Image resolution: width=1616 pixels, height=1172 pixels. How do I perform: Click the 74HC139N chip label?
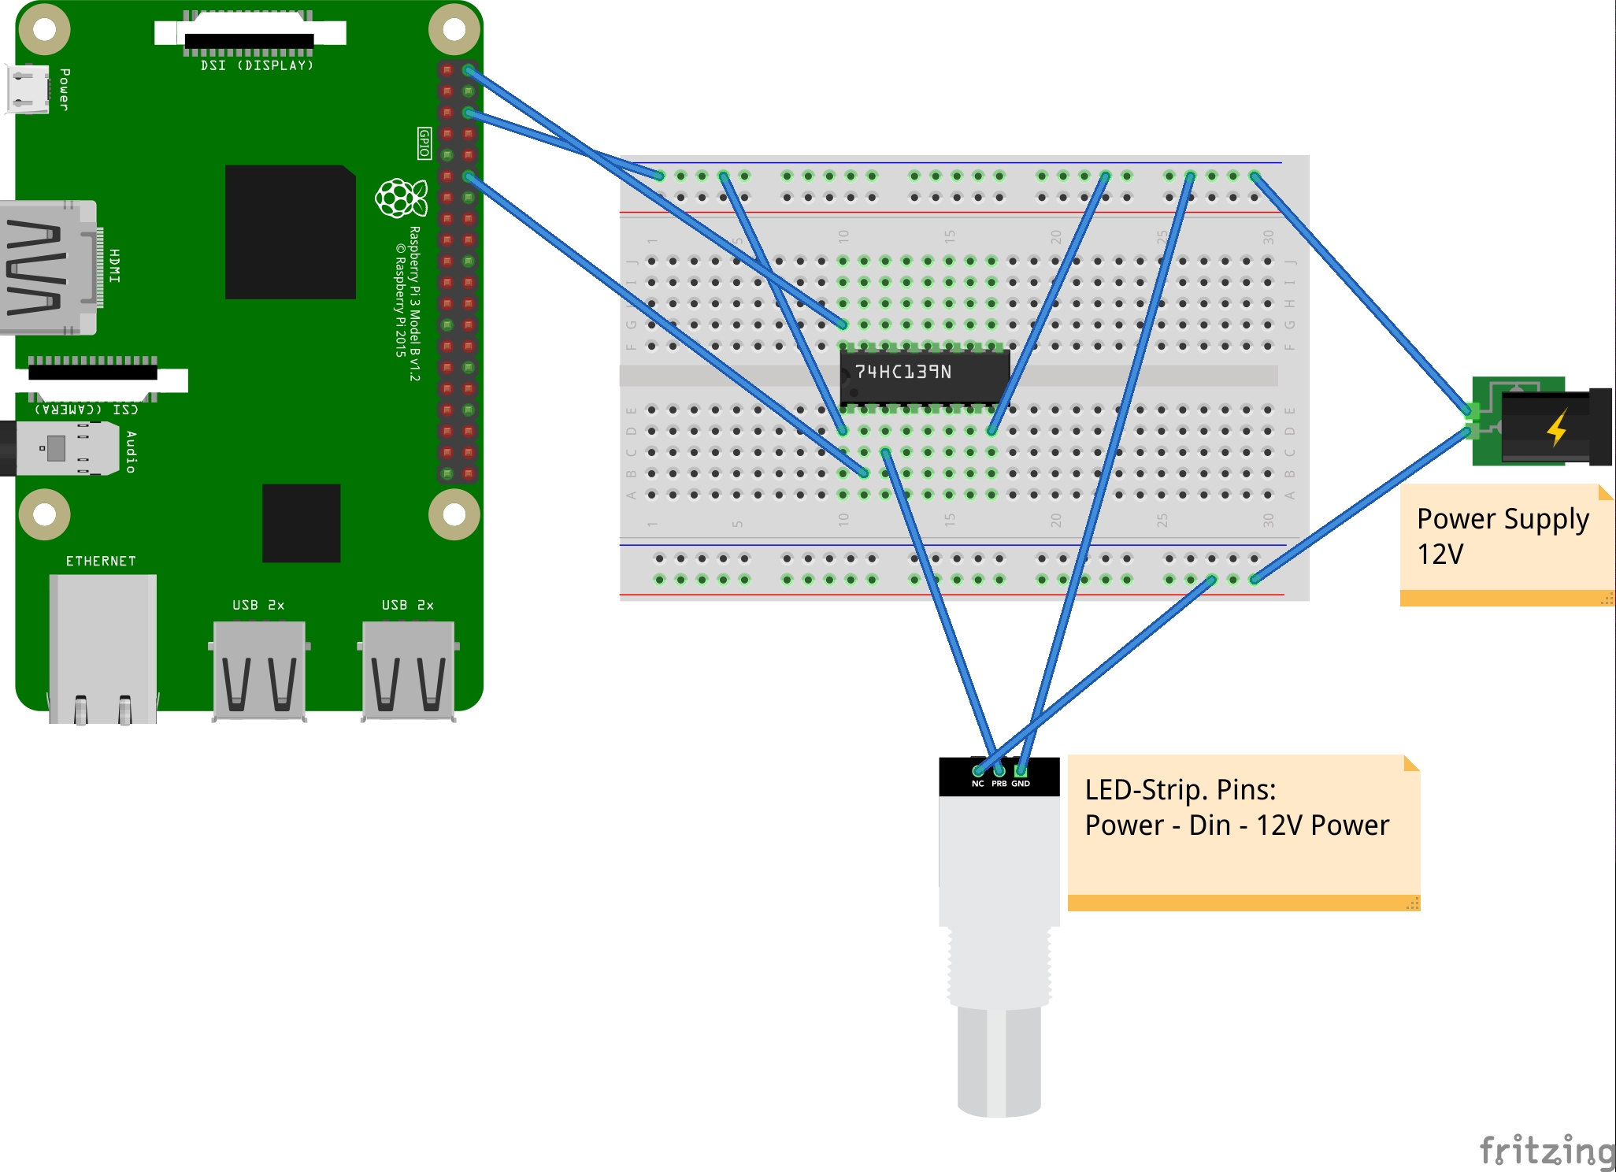pos(903,372)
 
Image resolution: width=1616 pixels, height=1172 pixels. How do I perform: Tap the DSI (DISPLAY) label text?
pos(257,65)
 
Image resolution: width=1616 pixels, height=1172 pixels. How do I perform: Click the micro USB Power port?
pos(27,89)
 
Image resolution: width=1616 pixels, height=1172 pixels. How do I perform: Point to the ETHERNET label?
pos(101,561)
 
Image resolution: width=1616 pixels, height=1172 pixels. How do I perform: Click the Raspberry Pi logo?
pos(401,198)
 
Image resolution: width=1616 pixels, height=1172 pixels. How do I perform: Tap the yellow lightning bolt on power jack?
pos(1557,428)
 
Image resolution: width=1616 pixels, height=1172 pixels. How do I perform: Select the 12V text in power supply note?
pos(1440,554)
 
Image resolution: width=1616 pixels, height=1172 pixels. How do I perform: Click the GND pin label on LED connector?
pos(1021,784)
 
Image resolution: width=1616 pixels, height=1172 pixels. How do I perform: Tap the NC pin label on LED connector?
pos(977,784)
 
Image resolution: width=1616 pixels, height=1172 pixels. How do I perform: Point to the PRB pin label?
pos(999,784)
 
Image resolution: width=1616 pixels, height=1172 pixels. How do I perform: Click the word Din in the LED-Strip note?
pos(1210,825)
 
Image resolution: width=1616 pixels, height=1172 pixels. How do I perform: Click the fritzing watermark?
pos(1546,1151)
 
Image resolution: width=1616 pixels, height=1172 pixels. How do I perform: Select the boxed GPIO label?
pos(424,143)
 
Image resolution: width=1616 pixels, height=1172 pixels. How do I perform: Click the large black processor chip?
pos(290,232)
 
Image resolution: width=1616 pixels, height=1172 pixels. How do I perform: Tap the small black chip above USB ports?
pos(301,523)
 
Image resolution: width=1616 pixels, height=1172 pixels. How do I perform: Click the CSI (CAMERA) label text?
pos(87,409)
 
